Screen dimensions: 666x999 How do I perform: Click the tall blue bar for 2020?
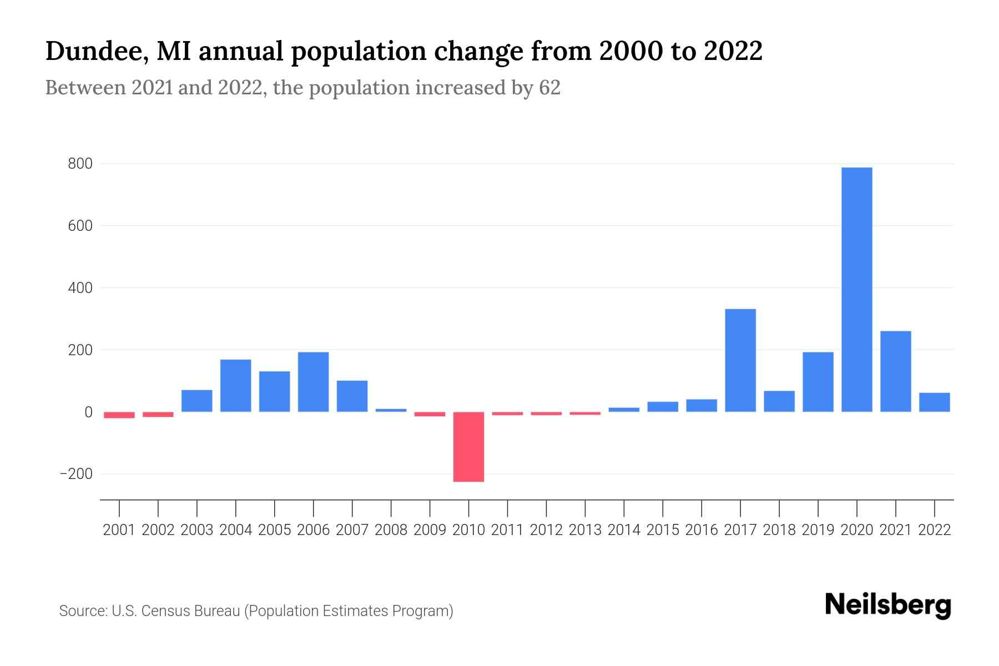point(856,289)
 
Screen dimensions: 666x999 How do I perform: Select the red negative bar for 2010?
point(468,447)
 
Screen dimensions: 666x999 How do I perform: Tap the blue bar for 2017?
point(740,360)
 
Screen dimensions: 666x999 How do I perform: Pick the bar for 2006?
point(313,382)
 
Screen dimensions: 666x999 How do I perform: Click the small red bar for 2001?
point(119,415)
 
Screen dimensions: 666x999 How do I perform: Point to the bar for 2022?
point(934,402)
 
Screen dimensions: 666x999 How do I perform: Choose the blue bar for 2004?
point(236,386)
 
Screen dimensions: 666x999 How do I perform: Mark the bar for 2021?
point(895,371)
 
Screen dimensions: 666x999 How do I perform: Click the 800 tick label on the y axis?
point(80,164)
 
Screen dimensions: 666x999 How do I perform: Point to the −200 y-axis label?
point(76,475)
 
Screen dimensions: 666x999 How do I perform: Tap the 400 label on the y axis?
point(80,289)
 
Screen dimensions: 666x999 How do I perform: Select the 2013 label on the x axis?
point(585,530)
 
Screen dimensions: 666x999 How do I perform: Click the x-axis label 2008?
point(391,530)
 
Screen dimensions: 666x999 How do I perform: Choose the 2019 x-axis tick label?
point(818,530)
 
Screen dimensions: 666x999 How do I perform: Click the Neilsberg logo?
point(887,606)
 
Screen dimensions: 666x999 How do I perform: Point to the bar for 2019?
point(818,382)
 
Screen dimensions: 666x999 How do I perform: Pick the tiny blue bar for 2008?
point(391,410)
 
